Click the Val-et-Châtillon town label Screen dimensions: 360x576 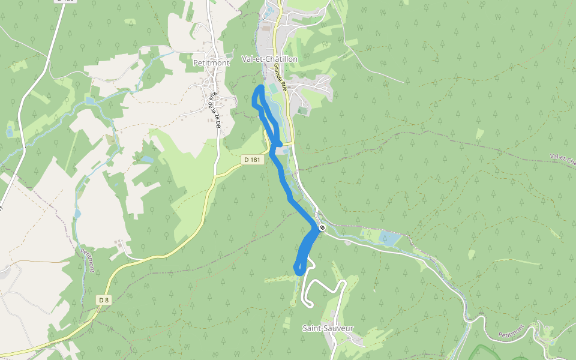[269, 59]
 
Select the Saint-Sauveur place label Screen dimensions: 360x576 [328, 328]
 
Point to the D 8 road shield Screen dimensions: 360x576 [104, 299]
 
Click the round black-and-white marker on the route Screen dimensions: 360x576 [322, 227]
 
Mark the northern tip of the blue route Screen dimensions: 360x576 [260, 88]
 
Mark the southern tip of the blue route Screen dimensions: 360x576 [298, 272]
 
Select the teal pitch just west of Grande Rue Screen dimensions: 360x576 [274, 89]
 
